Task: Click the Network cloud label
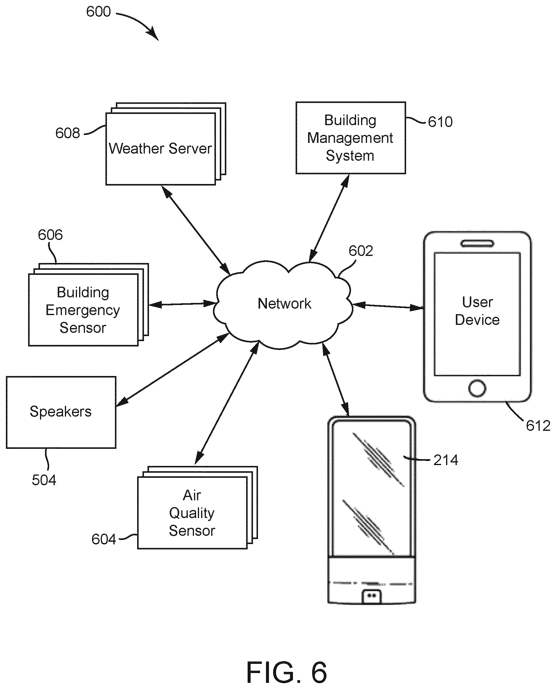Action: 284,304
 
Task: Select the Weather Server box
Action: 161,149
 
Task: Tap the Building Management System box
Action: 351,138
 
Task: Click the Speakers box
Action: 61,412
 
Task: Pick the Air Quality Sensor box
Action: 192,513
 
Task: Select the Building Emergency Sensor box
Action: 83,310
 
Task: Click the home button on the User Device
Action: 477,388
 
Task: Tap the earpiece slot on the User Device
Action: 477,244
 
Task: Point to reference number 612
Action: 538,426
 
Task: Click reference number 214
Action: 446,460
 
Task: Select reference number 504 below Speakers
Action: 44,480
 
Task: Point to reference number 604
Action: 103,539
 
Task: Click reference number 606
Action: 50,235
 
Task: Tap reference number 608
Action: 68,133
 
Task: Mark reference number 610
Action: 440,122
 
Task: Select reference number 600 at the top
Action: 98,12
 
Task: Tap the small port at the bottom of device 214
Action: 371,596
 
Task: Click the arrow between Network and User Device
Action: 388,306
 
